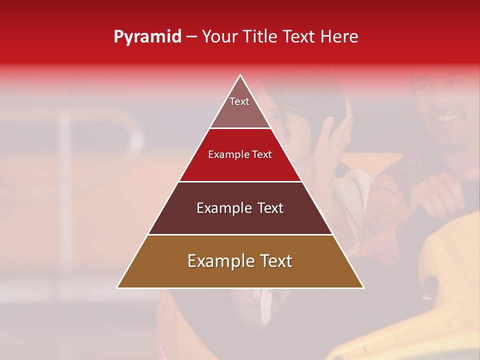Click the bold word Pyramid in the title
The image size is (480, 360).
[x=147, y=37]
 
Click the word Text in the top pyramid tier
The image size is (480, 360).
[x=239, y=101]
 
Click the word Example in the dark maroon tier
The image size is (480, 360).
[x=223, y=208]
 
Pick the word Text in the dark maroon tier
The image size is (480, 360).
[x=268, y=208]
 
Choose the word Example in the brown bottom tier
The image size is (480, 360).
[x=218, y=261]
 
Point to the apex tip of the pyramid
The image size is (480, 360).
[x=240, y=75]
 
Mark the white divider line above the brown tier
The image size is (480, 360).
[x=240, y=235]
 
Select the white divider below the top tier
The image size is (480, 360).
[x=240, y=128]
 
